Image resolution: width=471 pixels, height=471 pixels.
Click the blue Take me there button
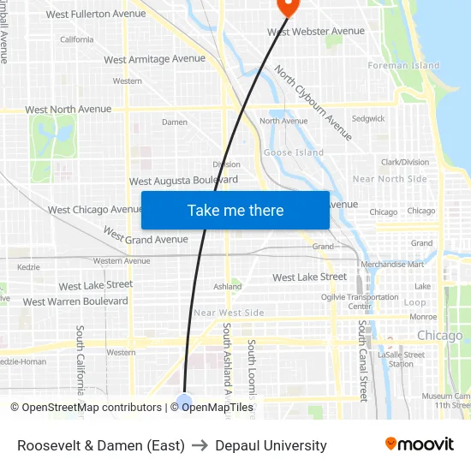(x=235, y=210)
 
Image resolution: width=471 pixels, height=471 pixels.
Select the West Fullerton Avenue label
(x=96, y=15)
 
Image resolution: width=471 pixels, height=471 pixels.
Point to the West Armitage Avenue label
(x=154, y=59)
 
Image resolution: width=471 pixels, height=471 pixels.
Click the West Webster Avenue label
(x=316, y=32)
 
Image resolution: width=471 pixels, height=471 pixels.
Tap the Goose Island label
(x=294, y=152)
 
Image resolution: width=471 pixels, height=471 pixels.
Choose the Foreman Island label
(x=403, y=65)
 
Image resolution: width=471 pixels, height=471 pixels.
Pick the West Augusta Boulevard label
(x=183, y=181)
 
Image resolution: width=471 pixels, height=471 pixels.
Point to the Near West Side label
(x=229, y=313)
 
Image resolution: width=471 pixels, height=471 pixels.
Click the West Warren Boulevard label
(x=75, y=301)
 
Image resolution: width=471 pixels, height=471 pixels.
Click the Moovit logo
(x=420, y=444)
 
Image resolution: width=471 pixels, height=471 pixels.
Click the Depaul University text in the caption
(x=271, y=445)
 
